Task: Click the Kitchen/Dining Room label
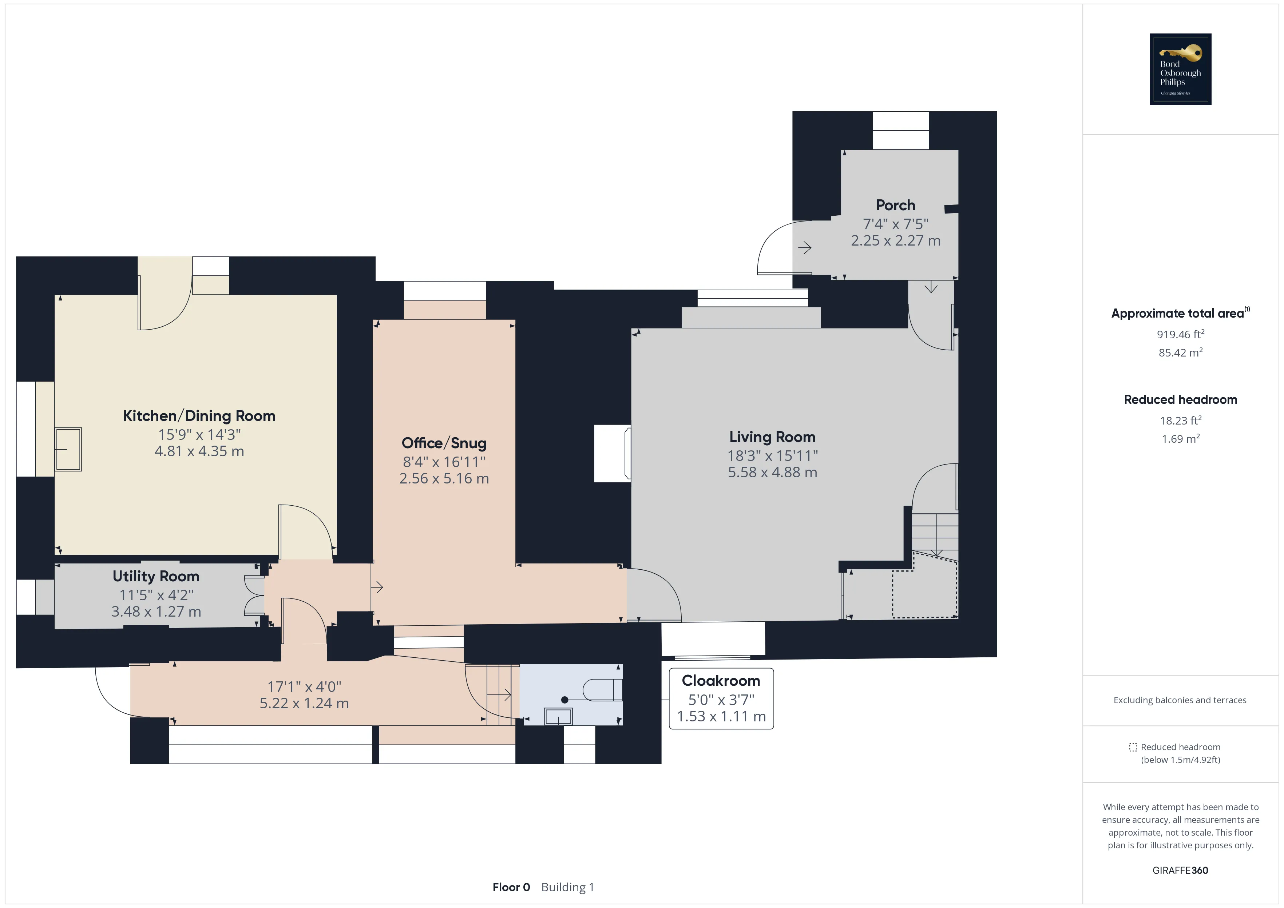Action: pos(199,416)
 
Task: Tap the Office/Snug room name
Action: pos(444,443)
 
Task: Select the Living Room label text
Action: pos(772,437)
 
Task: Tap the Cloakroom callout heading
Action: pos(721,681)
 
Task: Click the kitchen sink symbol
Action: pos(68,449)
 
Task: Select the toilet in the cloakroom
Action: pos(602,690)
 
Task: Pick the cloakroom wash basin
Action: pos(558,716)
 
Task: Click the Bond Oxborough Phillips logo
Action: pos(1181,69)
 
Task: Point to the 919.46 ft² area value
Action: pos(1181,334)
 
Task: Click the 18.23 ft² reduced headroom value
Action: pos(1181,421)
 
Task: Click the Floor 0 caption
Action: pos(511,887)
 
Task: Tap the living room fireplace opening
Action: pos(613,453)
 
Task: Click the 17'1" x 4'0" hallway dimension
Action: pos(304,686)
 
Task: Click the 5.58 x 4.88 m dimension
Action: pos(772,473)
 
